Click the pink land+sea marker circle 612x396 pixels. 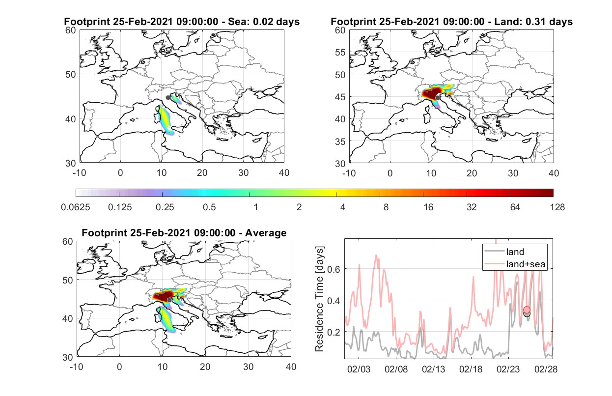tap(527, 310)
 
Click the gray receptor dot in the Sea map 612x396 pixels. tap(168, 98)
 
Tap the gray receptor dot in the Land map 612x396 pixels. tap(438, 98)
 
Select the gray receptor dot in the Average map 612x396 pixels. tap(169, 300)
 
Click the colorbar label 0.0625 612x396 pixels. tap(76, 207)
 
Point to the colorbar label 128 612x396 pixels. tap(557, 207)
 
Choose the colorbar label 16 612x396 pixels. tap(428, 207)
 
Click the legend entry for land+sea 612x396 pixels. tap(526, 264)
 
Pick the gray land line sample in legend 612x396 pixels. tap(494, 251)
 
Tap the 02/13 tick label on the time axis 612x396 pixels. tap(433, 369)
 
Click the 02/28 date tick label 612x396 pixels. tap(546, 369)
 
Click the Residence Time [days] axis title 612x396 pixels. tap(319, 299)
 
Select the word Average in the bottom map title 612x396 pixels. tap(266, 233)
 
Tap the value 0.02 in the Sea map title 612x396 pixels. tap(263, 22)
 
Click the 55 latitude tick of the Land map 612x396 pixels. tap(340, 52)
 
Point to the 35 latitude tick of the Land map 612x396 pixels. tap(340, 141)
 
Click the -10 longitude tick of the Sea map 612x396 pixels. tap(80, 173)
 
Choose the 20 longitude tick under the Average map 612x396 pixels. tap(205, 367)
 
